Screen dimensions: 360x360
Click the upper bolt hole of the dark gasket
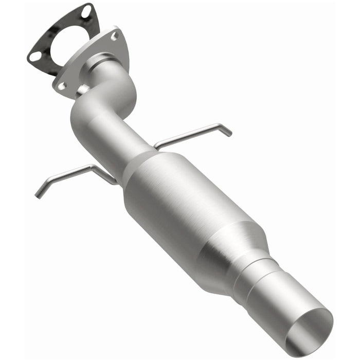tap(86, 10)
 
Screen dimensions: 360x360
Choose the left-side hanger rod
tap(77, 172)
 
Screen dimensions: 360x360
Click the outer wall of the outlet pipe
tap(278, 303)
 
